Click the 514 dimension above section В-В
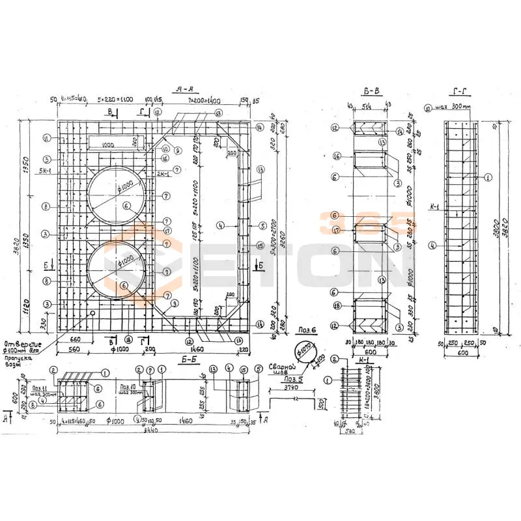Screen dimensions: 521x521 (370, 107)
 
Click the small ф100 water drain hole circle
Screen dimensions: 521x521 (94, 313)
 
